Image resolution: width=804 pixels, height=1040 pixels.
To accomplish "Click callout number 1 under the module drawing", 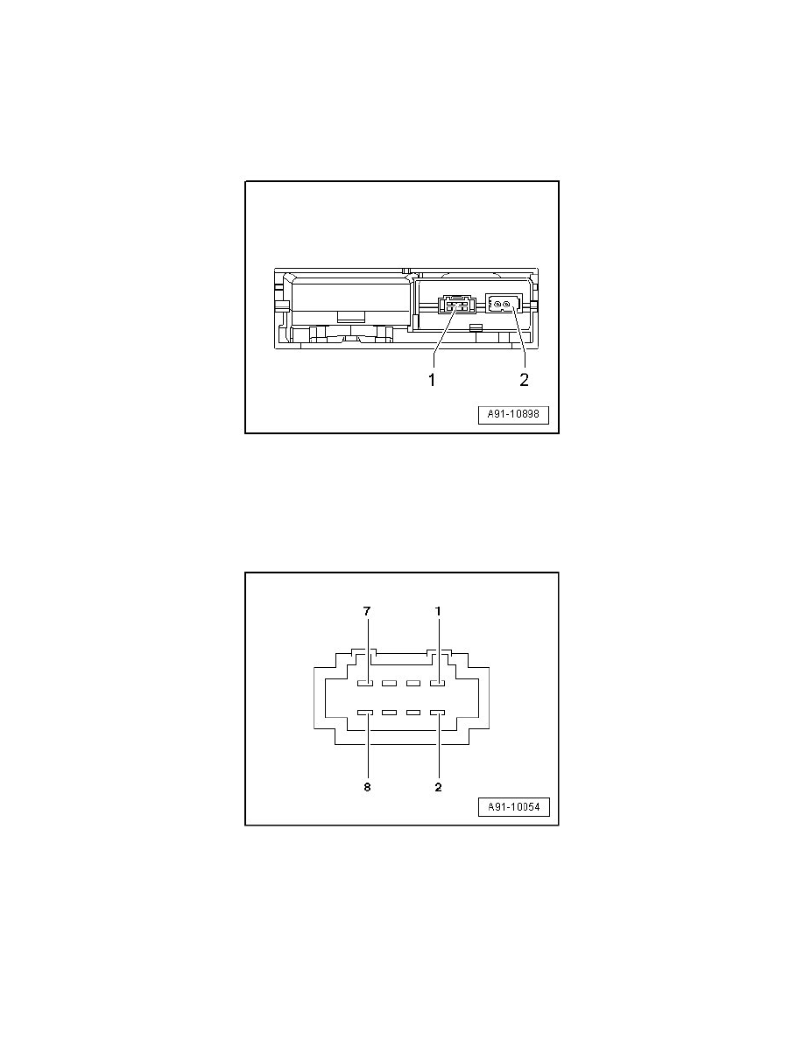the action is point(432,380).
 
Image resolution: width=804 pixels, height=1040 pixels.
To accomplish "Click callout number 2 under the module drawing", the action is point(524,380).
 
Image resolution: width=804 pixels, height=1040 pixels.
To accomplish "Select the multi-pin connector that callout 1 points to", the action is point(457,306).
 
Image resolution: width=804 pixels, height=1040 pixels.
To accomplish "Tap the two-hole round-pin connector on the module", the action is point(504,304).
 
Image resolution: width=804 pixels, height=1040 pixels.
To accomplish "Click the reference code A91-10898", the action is point(514,415).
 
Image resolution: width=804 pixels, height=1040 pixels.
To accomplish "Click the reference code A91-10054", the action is point(514,807).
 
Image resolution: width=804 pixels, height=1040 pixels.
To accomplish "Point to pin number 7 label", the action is point(367,611).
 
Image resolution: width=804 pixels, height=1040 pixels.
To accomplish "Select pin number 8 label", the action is point(367,787).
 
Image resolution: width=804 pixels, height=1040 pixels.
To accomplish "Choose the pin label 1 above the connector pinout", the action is point(438,611).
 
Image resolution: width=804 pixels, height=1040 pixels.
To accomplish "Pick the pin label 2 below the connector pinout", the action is point(438,787).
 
